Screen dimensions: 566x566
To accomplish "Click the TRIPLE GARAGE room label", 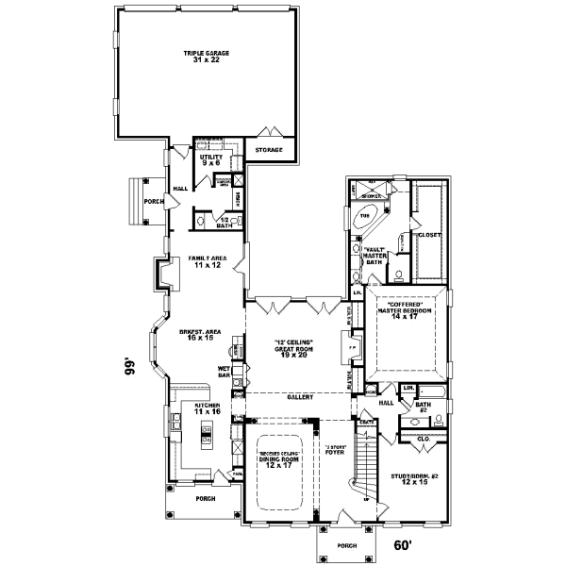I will [x=202, y=56].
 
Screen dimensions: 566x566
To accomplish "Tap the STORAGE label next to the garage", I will [x=269, y=149].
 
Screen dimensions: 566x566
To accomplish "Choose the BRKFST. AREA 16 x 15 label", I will [x=200, y=335].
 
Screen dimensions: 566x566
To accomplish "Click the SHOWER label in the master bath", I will [x=373, y=196].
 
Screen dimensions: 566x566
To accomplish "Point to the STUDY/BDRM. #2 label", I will [x=414, y=478].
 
